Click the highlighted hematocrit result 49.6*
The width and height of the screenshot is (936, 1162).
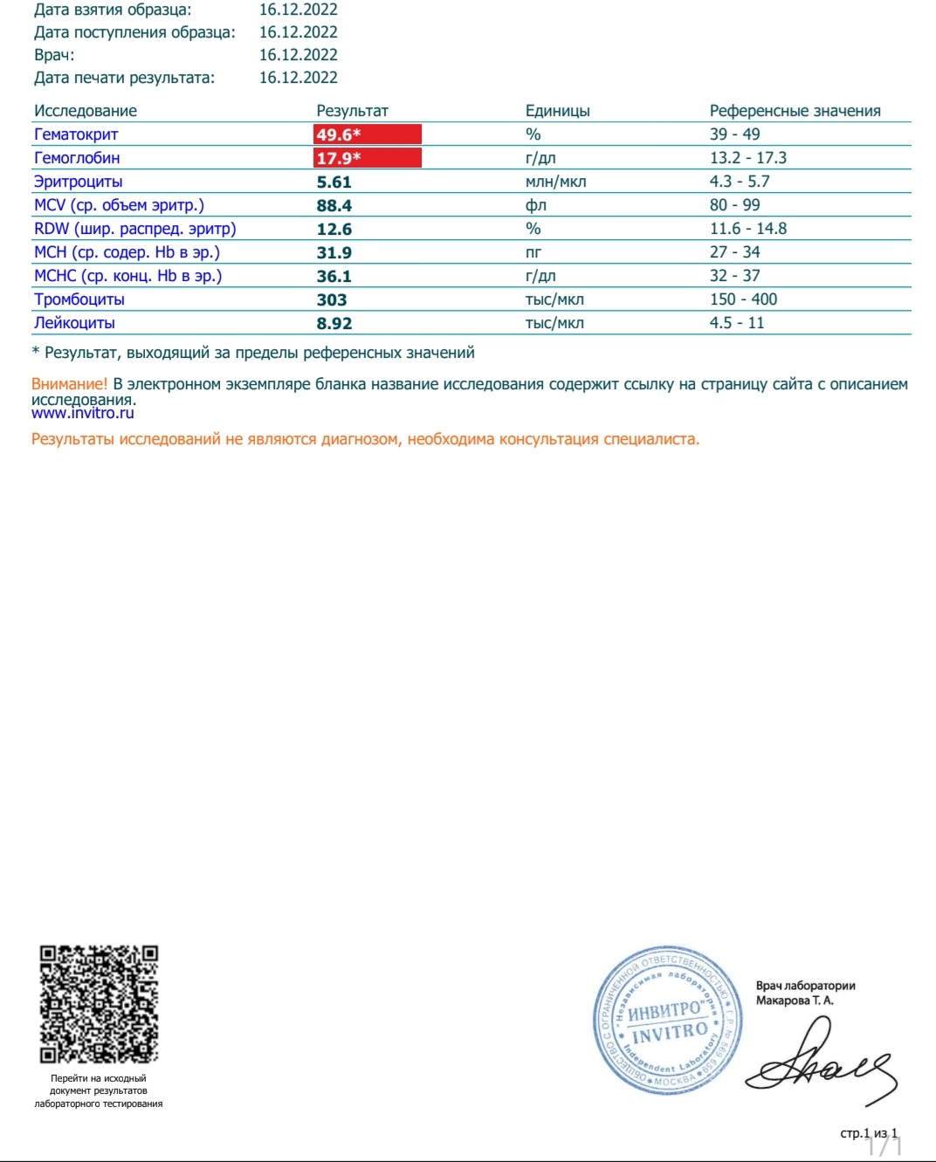click(367, 134)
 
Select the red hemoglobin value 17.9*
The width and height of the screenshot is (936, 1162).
click(367, 158)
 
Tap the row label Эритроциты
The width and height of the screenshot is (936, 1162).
click(78, 182)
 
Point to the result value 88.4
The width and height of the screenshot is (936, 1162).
click(334, 206)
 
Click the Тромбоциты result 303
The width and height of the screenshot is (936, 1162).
click(332, 300)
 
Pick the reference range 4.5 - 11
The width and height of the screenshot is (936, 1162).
click(736, 323)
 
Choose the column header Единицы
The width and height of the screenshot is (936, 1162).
click(557, 111)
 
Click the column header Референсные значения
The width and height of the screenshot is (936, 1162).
click(795, 111)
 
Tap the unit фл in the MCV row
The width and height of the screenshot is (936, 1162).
click(535, 205)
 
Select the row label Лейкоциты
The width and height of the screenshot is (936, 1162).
click(74, 323)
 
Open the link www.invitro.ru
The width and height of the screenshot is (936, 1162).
click(83, 413)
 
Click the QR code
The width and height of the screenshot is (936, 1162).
click(99, 1003)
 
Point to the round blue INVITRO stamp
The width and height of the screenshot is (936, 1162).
click(668, 1020)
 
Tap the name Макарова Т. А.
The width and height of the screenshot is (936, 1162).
click(795, 1000)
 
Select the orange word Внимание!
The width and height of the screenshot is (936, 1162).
click(69, 384)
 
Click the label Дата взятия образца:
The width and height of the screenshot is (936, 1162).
click(113, 10)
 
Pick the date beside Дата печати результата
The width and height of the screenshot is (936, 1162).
click(298, 78)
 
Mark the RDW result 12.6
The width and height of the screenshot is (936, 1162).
click(334, 230)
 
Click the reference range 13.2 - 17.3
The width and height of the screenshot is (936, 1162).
click(747, 158)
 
